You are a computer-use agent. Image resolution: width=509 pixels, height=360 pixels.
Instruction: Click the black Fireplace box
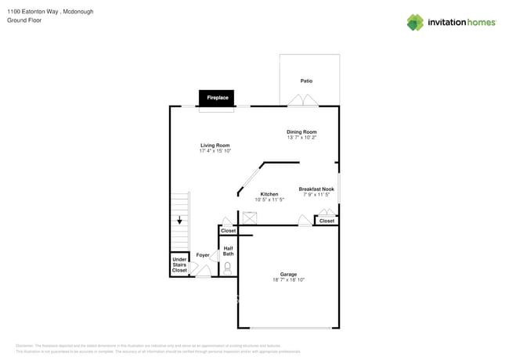(217, 98)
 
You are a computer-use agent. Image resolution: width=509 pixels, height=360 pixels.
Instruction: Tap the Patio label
(306, 81)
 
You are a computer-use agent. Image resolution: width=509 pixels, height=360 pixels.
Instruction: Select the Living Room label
(215, 146)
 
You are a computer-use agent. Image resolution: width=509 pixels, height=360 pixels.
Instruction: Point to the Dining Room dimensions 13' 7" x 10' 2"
(301, 138)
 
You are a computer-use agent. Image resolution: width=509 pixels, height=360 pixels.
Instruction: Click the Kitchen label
(269, 194)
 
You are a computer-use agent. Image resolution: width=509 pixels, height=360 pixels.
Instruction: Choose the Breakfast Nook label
(316, 189)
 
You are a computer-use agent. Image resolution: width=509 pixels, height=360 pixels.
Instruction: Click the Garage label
(288, 274)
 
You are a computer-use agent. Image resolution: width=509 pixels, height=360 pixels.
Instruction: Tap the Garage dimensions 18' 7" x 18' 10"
(288, 280)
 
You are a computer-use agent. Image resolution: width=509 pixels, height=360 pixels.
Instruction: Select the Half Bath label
(228, 251)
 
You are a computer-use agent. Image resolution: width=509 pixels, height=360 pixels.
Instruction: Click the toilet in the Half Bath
(228, 268)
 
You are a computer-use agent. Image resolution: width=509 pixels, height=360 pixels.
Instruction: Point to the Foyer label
(203, 255)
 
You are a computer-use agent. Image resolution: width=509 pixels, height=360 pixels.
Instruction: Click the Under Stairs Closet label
(179, 265)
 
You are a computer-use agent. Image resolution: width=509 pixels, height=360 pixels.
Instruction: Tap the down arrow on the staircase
(179, 221)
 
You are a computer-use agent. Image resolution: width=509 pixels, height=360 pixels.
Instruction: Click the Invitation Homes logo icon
(414, 22)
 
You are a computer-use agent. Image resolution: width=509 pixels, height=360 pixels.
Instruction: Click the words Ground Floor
(24, 21)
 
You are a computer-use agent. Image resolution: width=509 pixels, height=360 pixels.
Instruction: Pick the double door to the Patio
(301, 101)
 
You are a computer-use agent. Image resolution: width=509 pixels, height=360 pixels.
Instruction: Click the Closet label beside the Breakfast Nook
(327, 221)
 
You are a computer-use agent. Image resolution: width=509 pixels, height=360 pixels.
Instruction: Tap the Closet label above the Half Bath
(228, 231)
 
